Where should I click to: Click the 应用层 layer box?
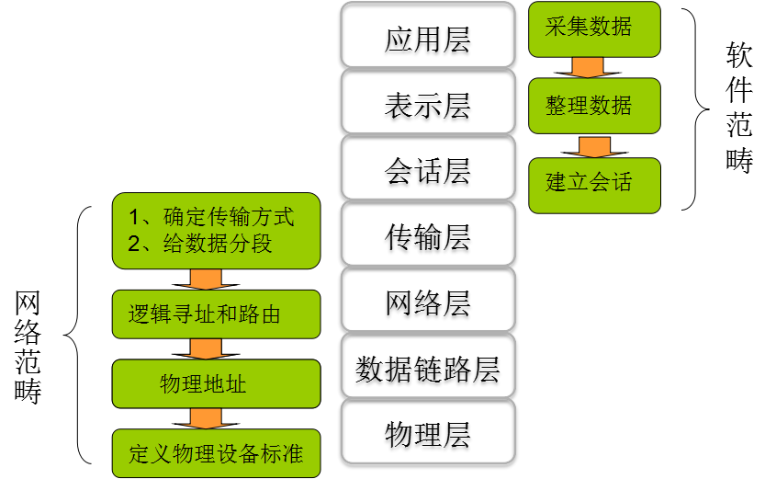(427, 40)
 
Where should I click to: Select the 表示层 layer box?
(427, 105)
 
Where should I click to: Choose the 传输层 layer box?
(427, 237)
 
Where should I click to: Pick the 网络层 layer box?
(427, 302)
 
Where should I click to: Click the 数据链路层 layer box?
(427, 369)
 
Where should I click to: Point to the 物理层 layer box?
(427, 433)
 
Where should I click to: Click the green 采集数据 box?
(594, 28)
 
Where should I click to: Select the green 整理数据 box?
(594, 106)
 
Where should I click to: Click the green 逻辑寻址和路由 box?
(216, 314)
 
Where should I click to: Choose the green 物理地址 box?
(216, 383)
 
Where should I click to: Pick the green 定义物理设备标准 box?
(216, 453)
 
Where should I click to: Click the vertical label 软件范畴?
(738, 108)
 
